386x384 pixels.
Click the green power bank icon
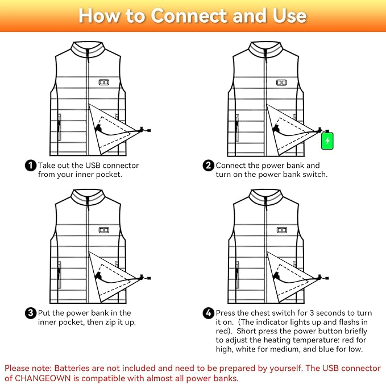(x=327, y=140)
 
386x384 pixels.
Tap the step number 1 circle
(x=31, y=166)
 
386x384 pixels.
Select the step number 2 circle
(x=209, y=166)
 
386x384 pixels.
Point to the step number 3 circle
(x=31, y=313)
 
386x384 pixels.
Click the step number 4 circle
(x=209, y=313)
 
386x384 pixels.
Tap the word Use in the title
(x=287, y=15)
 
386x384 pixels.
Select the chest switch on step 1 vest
(x=103, y=82)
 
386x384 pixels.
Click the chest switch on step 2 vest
(x=281, y=82)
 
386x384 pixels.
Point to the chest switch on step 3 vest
(x=103, y=230)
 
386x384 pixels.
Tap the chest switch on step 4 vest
(x=281, y=230)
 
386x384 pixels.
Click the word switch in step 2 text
(x=315, y=175)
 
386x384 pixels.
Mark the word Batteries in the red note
(x=72, y=367)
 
